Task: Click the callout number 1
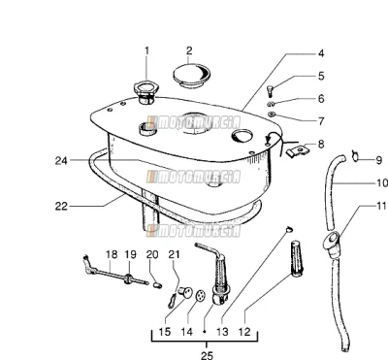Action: click(x=146, y=51)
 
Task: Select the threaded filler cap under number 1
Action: click(x=145, y=92)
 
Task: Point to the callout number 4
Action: click(x=320, y=53)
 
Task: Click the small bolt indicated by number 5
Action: click(x=271, y=90)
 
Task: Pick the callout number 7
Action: click(x=320, y=121)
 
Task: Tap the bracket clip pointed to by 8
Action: click(x=298, y=149)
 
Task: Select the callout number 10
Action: click(x=382, y=183)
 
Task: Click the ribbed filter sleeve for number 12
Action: click(x=297, y=259)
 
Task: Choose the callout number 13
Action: click(x=222, y=332)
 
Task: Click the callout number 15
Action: click(x=165, y=332)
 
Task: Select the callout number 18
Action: click(x=112, y=254)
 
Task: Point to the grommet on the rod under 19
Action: click(x=128, y=278)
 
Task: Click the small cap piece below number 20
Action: click(x=156, y=285)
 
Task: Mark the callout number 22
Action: click(x=61, y=206)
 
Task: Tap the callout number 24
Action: click(x=61, y=160)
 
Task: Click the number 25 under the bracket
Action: click(x=207, y=355)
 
